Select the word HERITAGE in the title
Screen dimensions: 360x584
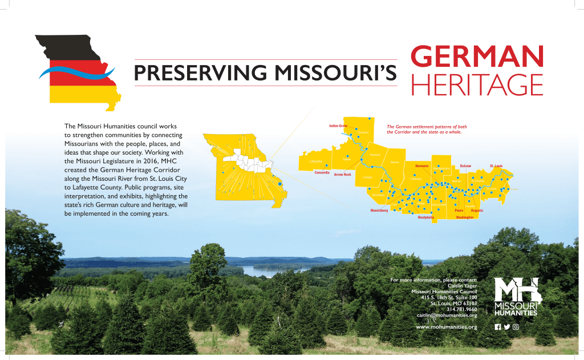pyautogui.click(x=476, y=85)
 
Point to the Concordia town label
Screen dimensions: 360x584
pyautogui.click(x=322, y=172)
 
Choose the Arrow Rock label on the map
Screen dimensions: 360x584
pyautogui.click(x=342, y=175)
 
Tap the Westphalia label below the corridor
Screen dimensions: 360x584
pyautogui.click(x=426, y=217)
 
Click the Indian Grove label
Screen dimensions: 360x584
pyautogui.click(x=338, y=126)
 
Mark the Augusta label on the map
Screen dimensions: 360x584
pyautogui.click(x=477, y=211)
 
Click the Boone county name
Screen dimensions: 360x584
pyautogui.click(x=395, y=163)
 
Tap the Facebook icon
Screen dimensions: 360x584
pyautogui.click(x=497, y=327)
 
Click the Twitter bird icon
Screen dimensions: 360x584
pyautogui.click(x=506, y=327)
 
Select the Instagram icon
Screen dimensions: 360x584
pyautogui.click(x=516, y=327)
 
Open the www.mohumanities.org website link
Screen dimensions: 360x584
pyautogui.click(x=447, y=327)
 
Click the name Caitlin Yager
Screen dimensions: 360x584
pyautogui.click(x=462, y=286)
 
